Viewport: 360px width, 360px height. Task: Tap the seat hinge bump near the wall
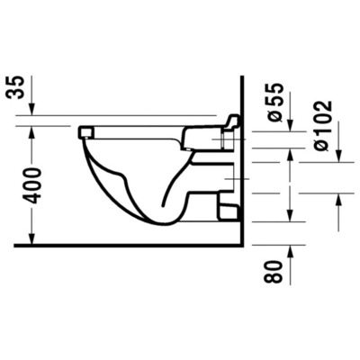tap(231, 121)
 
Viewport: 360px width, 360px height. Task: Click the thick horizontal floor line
tap(135, 244)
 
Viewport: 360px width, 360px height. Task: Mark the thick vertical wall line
tap(245, 162)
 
